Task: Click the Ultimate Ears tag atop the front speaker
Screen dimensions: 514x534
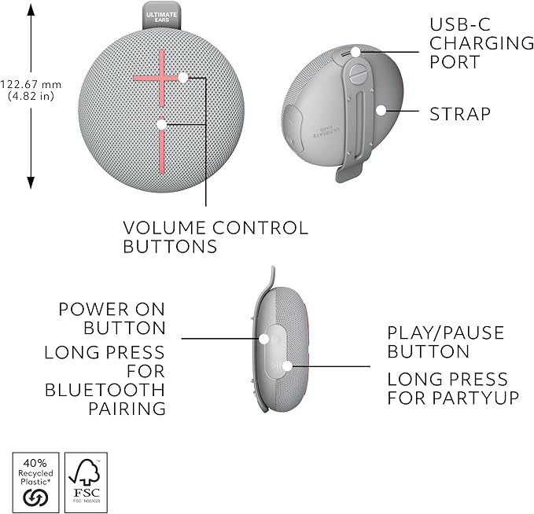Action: coord(160,15)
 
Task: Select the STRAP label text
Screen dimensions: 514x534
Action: coord(460,114)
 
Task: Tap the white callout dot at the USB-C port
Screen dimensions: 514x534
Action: coord(355,52)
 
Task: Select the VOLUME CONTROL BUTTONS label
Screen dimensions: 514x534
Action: coord(215,237)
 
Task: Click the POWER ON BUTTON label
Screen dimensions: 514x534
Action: coord(112,318)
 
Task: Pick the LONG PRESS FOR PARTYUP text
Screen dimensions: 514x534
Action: coord(453,389)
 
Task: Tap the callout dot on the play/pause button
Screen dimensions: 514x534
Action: coord(287,365)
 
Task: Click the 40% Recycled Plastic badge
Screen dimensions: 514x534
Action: coord(37,478)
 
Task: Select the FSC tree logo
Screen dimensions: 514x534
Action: coord(86,475)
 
